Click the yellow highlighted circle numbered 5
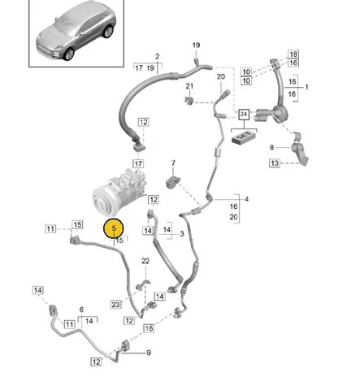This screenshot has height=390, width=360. point(114,228)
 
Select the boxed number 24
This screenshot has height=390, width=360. point(244,115)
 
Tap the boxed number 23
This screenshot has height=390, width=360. point(115,305)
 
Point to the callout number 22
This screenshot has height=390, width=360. point(145,261)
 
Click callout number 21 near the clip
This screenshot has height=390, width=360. point(189,86)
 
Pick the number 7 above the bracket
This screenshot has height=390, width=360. point(173,163)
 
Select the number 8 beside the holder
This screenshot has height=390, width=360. point(272,148)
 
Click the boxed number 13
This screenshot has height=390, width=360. point(275,163)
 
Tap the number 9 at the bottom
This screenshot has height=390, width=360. point(149,353)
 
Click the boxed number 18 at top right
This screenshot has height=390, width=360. point(293,54)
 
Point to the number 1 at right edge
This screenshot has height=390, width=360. point(306,87)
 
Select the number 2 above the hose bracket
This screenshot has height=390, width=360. point(158,56)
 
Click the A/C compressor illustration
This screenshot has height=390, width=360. point(119,192)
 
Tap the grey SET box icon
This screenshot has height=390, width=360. point(244,136)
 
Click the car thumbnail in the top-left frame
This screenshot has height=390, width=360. point(76,30)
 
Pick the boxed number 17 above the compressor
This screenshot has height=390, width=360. point(138,164)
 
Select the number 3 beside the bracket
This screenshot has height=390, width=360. point(182,233)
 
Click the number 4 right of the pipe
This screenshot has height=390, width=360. point(246,199)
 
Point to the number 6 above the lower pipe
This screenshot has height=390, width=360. point(81,310)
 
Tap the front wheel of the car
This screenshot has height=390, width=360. point(68,54)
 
